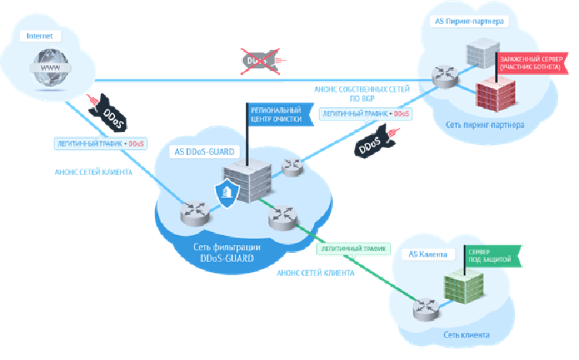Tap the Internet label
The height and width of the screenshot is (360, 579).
[x=40, y=36]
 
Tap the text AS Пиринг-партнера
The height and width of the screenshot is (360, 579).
[x=465, y=22]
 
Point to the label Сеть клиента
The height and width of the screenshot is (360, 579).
[x=466, y=335]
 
